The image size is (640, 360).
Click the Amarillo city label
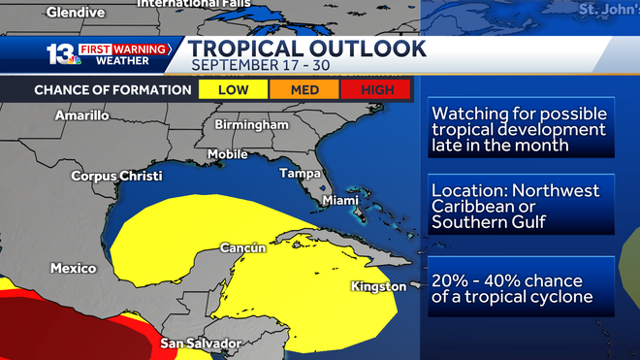click(81, 115)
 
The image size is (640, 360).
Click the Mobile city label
click(228, 153)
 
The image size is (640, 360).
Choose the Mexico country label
click(74, 268)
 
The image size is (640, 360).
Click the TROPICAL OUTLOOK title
click(307, 48)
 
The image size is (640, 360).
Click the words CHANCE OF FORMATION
click(112, 90)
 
